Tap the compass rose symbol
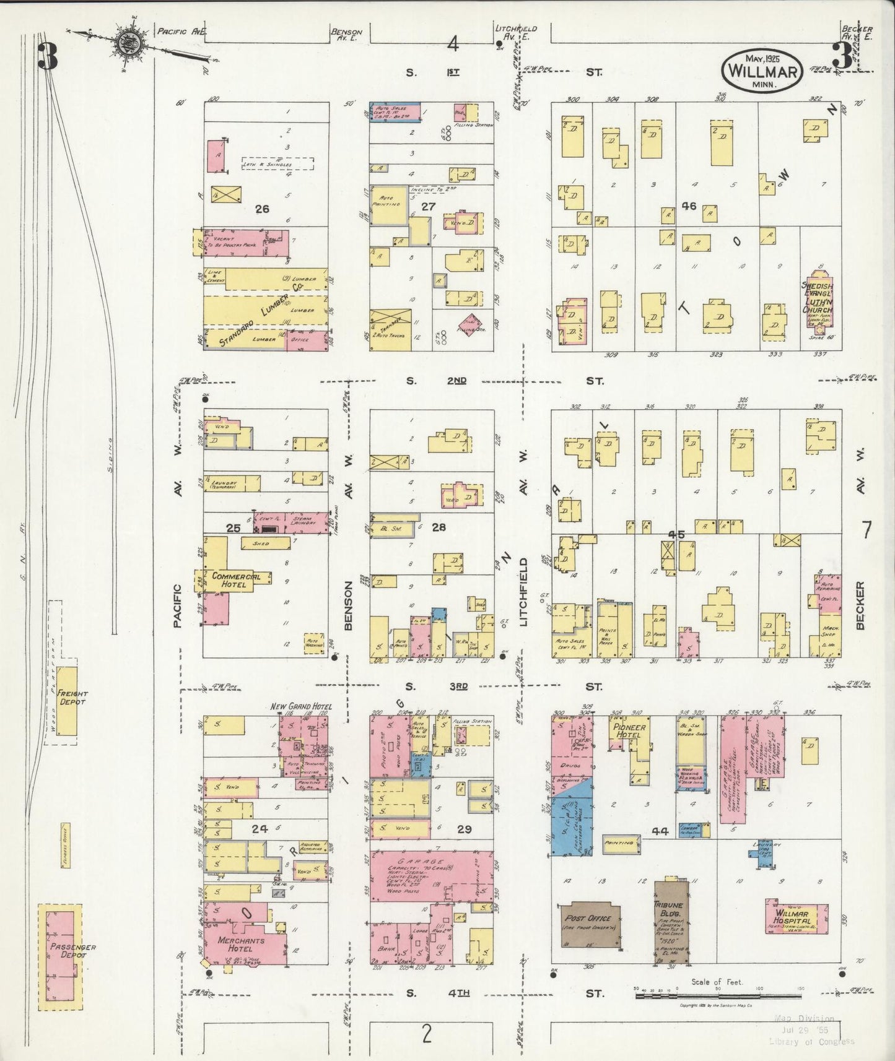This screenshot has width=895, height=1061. tap(129, 45)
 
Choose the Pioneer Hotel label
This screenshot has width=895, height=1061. tap(631, 730)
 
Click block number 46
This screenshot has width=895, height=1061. tap(689, 206)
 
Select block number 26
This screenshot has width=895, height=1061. tap(262, 209)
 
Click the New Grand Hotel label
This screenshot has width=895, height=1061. tap(301, 706)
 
